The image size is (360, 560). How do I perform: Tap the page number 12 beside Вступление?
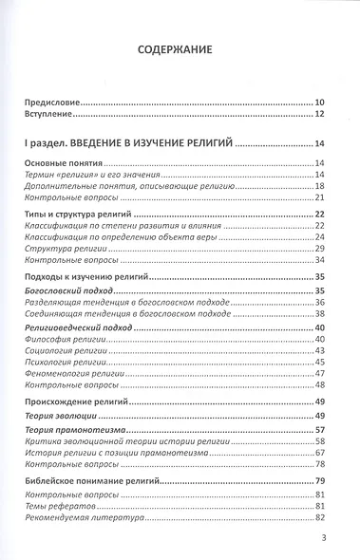coord(319,115)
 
